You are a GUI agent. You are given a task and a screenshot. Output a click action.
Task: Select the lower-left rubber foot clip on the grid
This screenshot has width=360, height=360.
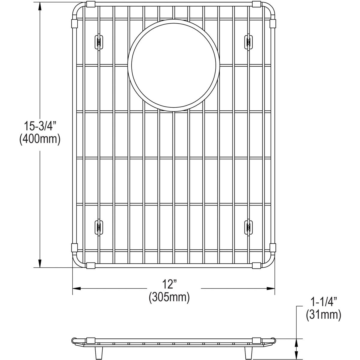[x=98, y=227]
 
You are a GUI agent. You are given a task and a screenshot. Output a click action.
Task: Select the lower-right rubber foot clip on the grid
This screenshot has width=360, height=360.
[x=248, y=227]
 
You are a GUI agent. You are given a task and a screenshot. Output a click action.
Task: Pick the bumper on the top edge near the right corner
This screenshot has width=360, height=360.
[x=256, y=4]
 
